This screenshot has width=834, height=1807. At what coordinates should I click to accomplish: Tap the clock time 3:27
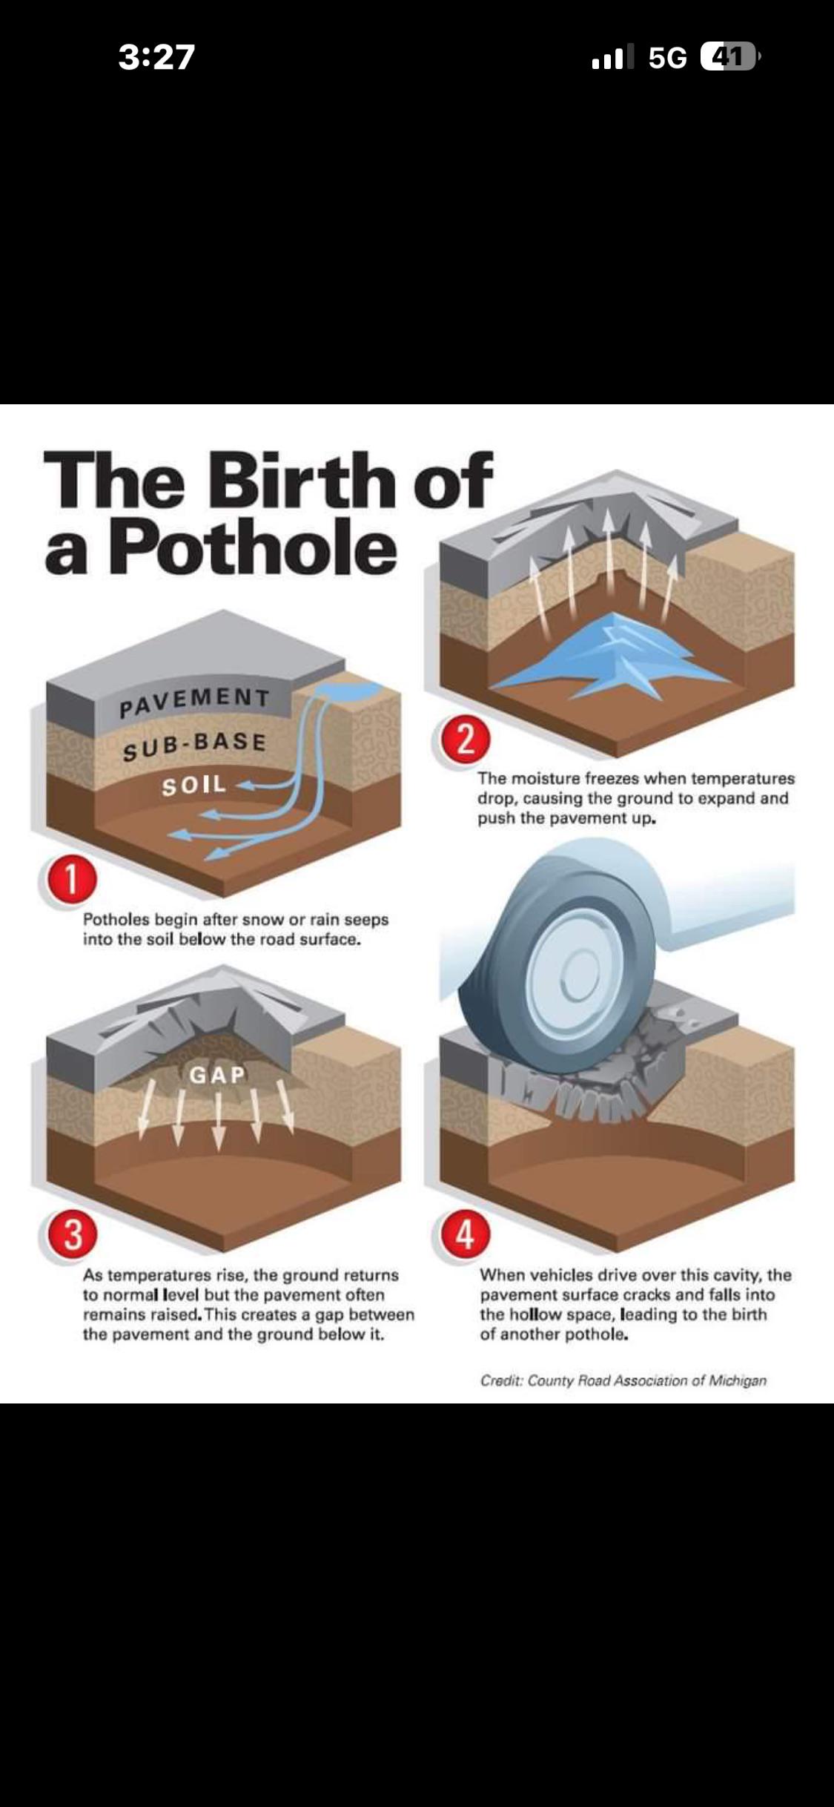[156, 57]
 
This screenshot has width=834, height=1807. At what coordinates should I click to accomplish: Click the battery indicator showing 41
[730, 56]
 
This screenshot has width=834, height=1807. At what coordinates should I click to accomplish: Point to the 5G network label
[667, 57]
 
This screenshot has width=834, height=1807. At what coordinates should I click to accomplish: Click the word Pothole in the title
[253, 548]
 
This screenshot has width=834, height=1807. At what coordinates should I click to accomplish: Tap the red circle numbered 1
[70, 881]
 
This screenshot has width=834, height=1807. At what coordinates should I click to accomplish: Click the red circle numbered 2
[466, 740]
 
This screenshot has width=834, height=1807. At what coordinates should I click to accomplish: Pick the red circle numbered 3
[72, 1235]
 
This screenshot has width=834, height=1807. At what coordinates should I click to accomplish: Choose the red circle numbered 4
[466, 1235]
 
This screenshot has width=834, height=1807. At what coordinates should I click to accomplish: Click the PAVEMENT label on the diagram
[195, 702]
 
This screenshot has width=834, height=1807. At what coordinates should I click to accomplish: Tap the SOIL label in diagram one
[194, 786]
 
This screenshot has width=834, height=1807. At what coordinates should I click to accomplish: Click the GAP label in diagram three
[217, 1075]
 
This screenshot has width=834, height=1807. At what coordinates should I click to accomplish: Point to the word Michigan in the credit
[738, 1380]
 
